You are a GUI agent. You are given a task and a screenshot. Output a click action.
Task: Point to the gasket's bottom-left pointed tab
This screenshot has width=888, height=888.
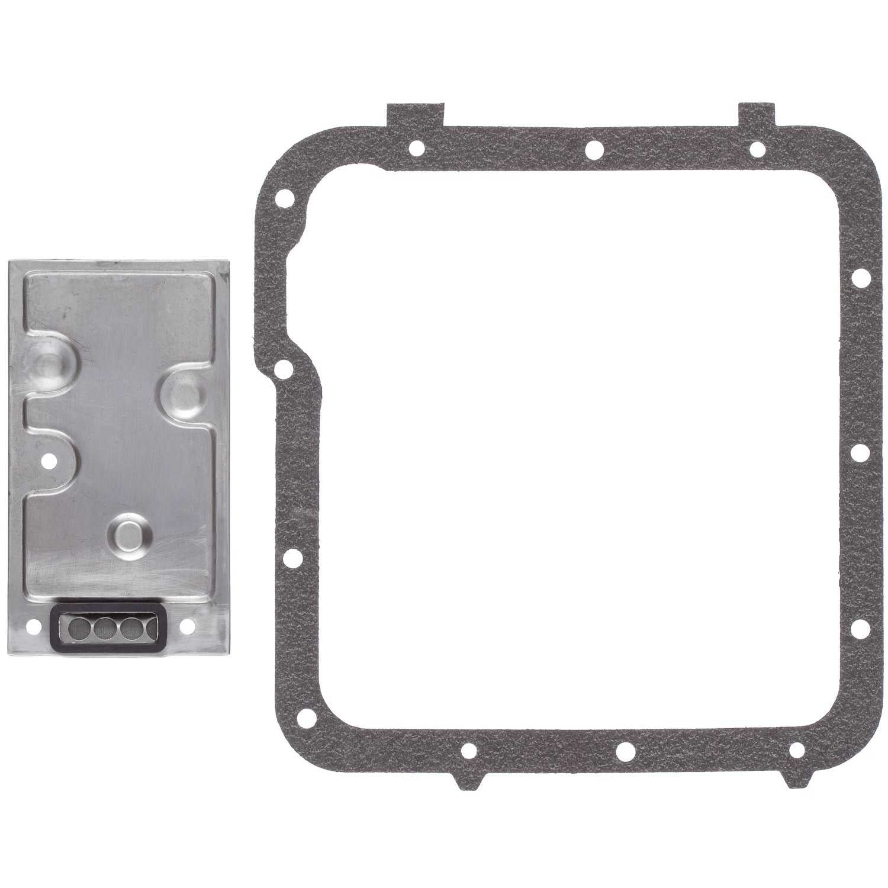click(469, 776)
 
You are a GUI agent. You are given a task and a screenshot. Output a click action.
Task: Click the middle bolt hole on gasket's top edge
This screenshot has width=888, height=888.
click(593, 149)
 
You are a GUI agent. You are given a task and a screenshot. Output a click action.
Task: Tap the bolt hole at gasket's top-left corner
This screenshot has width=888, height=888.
click(285, 196)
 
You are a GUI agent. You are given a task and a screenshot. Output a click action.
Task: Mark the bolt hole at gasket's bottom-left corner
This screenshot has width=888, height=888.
click(305, 719)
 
